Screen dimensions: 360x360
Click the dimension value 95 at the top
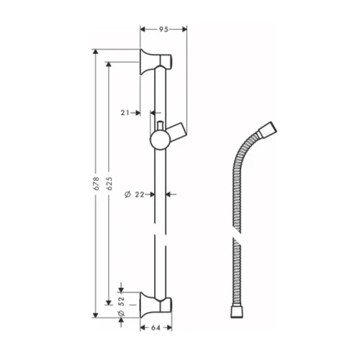click(x=163, y=30)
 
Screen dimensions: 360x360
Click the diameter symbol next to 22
click(x=127, y=194)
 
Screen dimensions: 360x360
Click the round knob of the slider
click(x=158, y=138)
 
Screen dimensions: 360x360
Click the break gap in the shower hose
click(x=232, y=238)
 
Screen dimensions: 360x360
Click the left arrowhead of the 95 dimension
click(x=142, y=30)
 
